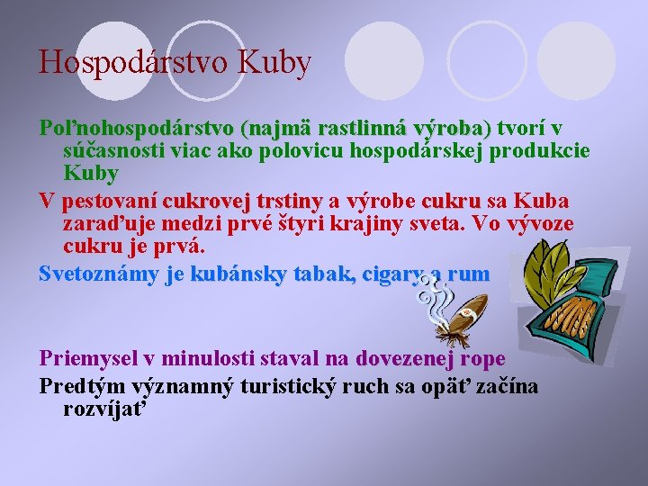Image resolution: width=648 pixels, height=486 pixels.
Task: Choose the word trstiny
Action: tap(289, 200)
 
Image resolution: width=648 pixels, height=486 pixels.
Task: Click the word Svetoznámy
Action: tap(98, 274)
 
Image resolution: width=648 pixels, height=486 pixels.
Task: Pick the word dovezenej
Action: tap(406, 358)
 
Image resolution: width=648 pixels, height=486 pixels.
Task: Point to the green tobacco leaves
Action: tap(558, 261)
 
